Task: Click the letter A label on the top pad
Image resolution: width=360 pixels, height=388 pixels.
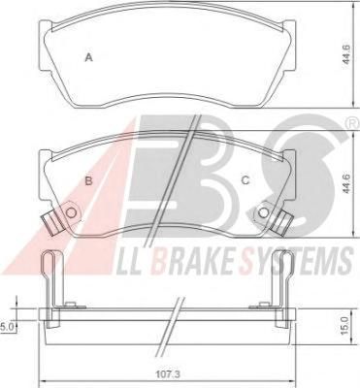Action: tap(88, 58)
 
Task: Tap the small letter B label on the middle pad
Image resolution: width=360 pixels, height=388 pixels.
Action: tap(88, 180)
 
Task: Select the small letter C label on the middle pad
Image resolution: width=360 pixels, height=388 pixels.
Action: tap(245, 180)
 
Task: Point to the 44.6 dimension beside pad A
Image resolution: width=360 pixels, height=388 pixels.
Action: tap(346, 55)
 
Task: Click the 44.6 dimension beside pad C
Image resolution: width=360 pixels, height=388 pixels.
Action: tap(346, 184)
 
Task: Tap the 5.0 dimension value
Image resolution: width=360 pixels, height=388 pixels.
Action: tap(6, 327)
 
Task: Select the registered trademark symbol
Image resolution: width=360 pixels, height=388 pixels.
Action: tap(354, 123)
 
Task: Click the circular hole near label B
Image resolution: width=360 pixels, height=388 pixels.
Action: tap(71, 212)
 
